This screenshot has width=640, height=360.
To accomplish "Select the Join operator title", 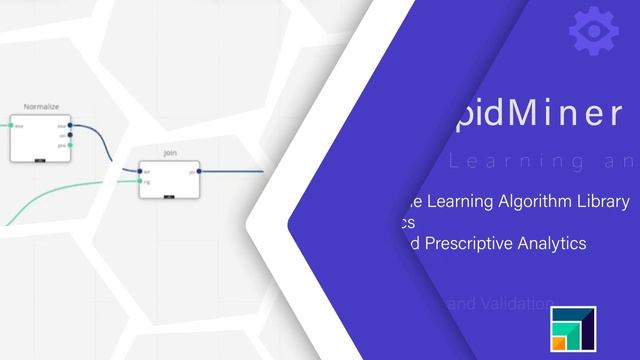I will [x=169, y=153].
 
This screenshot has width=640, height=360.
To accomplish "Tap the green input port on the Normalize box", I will [x=13, y=126].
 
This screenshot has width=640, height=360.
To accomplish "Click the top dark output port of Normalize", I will [x=69, y=126].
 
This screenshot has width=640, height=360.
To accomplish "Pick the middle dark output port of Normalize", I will [x=69, y=135].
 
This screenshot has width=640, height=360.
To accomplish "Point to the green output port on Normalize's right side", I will [x=69, y=144].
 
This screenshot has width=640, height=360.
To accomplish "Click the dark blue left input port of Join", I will [x=142, y=172].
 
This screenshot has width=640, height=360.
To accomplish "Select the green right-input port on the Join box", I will [x=142, y=181].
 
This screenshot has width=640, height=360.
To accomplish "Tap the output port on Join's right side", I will [x=198, y=172].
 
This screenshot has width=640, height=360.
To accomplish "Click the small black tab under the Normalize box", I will [x=39, y=160].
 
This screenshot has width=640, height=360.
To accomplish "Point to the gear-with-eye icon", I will [x=593, y=31].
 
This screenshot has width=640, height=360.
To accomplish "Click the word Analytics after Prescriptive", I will [x=552, y=243].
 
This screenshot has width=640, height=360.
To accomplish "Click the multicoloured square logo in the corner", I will [x=573, y=327].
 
